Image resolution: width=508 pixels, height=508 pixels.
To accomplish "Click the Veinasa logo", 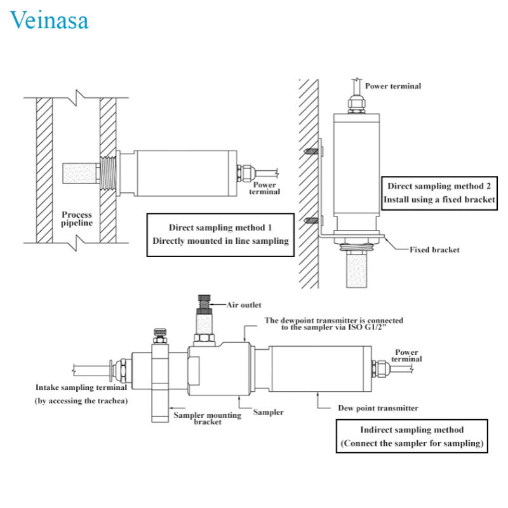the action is pyautogui.click(x=49, y=20).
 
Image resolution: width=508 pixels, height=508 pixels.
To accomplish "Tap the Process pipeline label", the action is pyautogui.click(x=77, y=218).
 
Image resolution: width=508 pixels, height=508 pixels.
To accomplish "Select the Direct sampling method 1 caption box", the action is pyautogui.click(x=220, y=235).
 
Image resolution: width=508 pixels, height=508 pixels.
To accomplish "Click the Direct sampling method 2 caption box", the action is pyautogui.click(x=439, y=193).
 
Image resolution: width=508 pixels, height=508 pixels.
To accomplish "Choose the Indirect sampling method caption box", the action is pyautogui.click(x=411, y=436).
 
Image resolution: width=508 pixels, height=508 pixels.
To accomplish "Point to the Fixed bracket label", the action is pyautogui.click(x=434, y=250).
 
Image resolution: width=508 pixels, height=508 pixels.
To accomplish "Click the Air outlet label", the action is pyautogui.click(x=244, y=305).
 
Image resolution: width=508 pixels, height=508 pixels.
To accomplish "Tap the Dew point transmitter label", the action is pyautogui.click(x=378, y=408).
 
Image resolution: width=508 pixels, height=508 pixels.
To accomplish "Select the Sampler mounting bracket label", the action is pyautogui.click(x=208, y=418).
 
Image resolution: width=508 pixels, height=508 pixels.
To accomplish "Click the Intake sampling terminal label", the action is pyautogui.click(x=81, y=387).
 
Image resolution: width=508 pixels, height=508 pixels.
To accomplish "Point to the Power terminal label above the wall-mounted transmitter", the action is pyautogui.click(x=393, y=86).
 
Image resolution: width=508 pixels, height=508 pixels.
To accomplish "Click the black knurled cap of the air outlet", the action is pyautogui.click(x=204, y=298).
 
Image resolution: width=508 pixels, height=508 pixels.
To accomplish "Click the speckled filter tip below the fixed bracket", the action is pyautogui.click(x=357, y=271).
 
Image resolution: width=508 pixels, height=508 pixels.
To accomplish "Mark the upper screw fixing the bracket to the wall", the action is pyautogui.click(x=311, y=150).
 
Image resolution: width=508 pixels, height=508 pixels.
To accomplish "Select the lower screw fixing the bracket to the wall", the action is pyautogui.click(x=311, y=221).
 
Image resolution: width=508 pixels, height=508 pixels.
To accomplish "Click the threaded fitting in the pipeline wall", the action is pyautogui.click(x=108, y=173).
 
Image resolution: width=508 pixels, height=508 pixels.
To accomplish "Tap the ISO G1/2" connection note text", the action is pyautogui.click(x=334, y=324).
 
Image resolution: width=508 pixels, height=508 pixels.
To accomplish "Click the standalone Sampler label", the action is pyautogui.click(x=268, y=412).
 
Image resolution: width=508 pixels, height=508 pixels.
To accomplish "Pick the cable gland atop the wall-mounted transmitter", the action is pyautogui.click(x=357, y=104).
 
